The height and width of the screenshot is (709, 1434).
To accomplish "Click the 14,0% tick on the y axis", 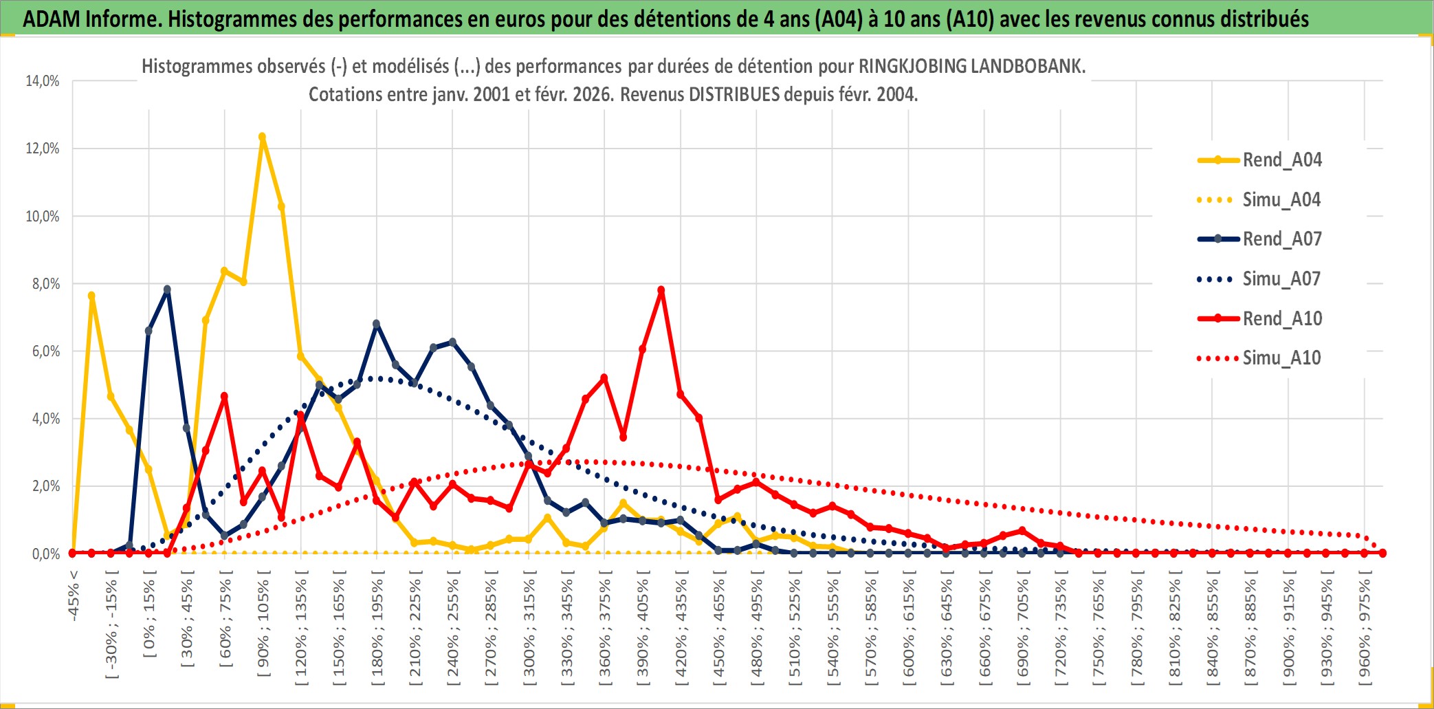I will click(x=43, y=81).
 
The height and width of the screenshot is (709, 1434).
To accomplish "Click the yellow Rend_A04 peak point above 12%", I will click(x=262, y=137).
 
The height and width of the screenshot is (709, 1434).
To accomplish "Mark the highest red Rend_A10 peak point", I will click(x=661, y=290).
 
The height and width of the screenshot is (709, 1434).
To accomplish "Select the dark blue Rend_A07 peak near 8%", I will click(x=167, y=290).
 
